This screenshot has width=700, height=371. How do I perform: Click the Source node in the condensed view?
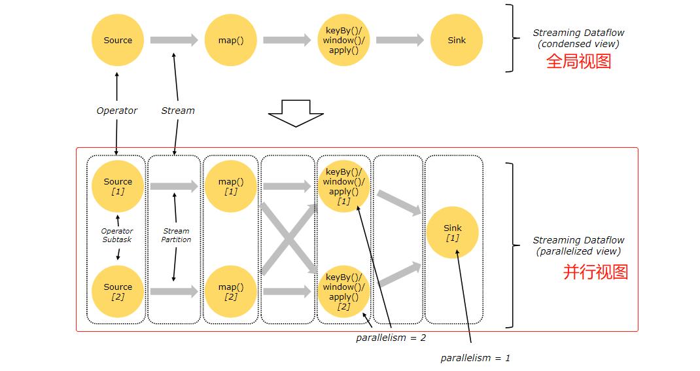point(118,40)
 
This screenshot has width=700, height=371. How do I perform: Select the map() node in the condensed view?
point(231,40)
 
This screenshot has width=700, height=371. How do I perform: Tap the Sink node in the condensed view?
point(456,40)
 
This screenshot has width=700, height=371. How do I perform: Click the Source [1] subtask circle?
point(118,186)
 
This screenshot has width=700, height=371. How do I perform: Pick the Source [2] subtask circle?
point(118,292)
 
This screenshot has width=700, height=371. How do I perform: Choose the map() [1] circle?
point(231,186)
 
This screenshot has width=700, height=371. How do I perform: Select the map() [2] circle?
point(231,292)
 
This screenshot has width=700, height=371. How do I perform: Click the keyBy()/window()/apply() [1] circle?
point(343,186)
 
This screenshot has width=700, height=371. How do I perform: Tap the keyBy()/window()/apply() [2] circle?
point(343,292)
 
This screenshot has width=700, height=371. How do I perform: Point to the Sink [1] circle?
point(452,232)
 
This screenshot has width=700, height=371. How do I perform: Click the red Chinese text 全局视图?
point(578,61)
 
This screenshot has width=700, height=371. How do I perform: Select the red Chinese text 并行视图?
point(595,272)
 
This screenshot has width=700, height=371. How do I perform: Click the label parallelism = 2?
point(391,338)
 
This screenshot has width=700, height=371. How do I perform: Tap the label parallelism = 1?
point(475,358)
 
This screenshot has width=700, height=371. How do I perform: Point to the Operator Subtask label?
point(117,236)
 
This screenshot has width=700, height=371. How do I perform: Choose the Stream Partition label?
point(176,236)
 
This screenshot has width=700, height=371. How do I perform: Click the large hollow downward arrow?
point(296,113)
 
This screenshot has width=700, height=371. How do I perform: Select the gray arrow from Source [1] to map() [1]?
point(173,186)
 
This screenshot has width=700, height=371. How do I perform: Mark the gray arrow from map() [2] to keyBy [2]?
point(287,292)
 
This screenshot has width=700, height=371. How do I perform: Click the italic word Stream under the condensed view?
point(178,111)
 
